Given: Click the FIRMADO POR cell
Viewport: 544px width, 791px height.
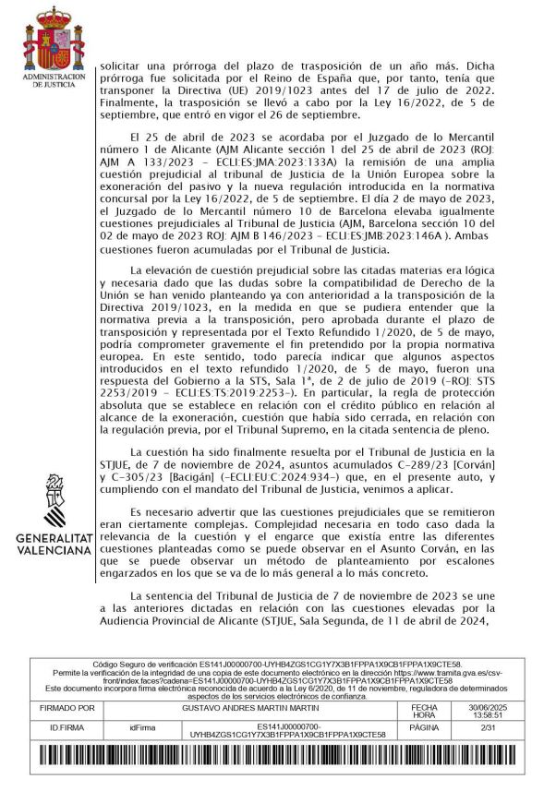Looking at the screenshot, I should point(68,709).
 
